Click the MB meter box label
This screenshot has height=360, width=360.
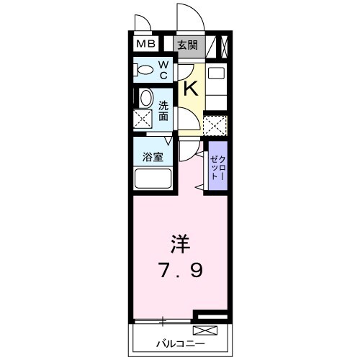point(146,45)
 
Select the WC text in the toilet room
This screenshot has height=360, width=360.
point(163,70)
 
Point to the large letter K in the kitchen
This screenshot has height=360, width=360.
point(190,89)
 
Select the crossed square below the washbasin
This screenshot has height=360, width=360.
point(145,120)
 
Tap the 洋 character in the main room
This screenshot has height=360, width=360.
point(179,243)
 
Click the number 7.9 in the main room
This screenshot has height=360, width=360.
point(180,271)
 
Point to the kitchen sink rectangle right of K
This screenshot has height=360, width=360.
point(216,73)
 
